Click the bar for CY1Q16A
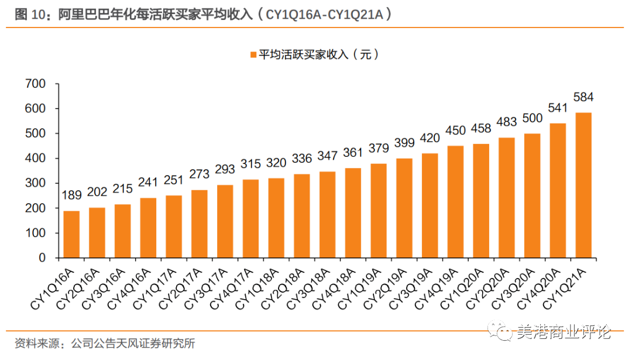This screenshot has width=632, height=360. [71, 234]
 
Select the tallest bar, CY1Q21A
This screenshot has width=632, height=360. [583, 185]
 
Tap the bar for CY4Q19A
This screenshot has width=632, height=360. [455, 202]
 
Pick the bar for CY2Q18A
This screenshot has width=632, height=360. [302, 216]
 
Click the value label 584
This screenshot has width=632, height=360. [583, 97]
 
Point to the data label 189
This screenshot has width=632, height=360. [71, 195]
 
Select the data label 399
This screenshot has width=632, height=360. [404, 142]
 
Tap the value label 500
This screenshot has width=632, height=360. [533, 118]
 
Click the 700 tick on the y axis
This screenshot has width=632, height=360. [36, 84]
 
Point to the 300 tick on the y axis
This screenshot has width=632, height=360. [36, 184]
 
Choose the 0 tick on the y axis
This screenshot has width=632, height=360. [42, 258]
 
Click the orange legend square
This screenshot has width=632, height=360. [253, 55]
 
